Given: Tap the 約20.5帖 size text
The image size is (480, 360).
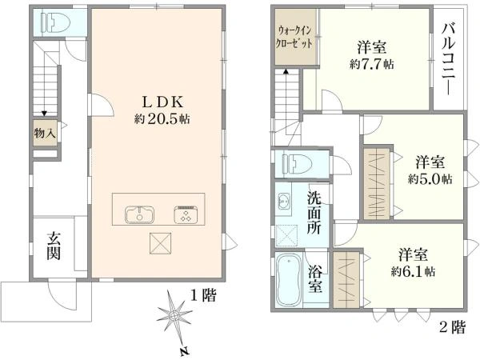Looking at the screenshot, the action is pyautogui.click(x=162, y=118).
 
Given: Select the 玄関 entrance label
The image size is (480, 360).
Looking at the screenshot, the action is pyautogui.click(x=54, y=246).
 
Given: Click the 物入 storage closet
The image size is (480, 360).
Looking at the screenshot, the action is pyautogui.click(x=45, y=133).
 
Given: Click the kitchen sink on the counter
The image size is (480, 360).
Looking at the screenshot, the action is pyautogui.click(x=139, y=214).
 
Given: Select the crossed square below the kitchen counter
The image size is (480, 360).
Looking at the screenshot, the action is pyautogui.click(x=161, y=243).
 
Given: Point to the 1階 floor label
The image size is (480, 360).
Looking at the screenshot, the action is pyautogui.click(x=203, y=295).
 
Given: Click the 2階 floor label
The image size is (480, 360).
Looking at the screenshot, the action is pyautogui.click(x=453, y=327).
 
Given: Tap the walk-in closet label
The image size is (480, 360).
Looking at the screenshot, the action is pyautogui.click(x=294, y=37).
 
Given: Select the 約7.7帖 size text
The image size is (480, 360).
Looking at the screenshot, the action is pyautogui.click(x=372, y=64).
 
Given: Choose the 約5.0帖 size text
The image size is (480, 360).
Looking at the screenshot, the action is pyautogui.click(x=430, y=178).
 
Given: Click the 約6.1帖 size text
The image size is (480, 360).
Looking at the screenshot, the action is pyautogui.click(x=413, y=271).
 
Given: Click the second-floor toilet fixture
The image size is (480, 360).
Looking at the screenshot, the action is pyautogui.click(x=298, y=164).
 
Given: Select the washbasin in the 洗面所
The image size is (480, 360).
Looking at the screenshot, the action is pyautogui.click(x=284, y=202).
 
